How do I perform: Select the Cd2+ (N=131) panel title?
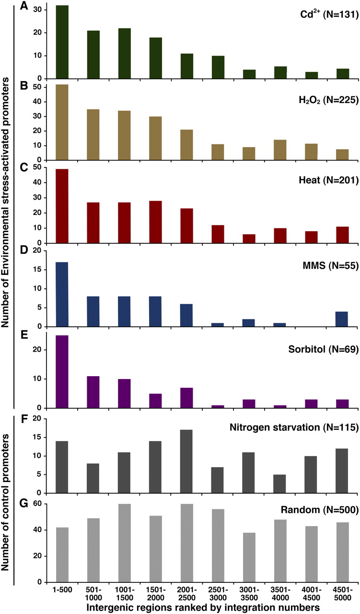[x=326, y=15]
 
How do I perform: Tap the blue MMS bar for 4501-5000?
[x=342, y=319]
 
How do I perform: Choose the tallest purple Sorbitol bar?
[x=62, y=372]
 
